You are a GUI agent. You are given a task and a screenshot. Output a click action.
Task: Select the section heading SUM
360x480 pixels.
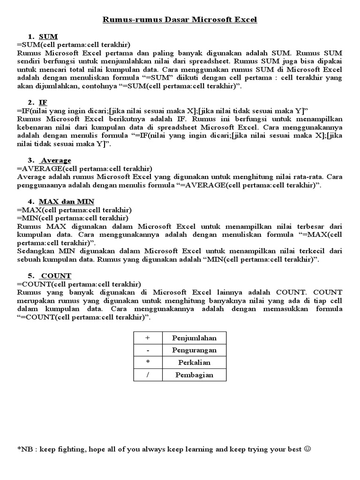(48, 36)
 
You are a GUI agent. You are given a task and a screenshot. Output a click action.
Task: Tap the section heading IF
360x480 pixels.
(44, 102)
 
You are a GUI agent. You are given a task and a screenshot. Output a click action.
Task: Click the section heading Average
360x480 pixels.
(56, 160)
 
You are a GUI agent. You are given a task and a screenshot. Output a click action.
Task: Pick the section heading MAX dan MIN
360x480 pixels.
(66, 202)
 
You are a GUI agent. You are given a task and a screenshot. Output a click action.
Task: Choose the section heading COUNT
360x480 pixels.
(56, 275)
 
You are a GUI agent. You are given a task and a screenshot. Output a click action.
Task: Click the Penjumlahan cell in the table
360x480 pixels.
(194, 338)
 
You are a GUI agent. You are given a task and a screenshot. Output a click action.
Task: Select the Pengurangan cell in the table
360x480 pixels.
(194, 350)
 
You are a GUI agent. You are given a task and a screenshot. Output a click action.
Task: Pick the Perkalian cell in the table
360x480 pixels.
(194, 362)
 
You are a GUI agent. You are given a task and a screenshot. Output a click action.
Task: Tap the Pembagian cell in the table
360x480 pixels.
(194, 375)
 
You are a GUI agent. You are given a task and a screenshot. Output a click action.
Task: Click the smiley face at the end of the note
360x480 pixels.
(307, 449)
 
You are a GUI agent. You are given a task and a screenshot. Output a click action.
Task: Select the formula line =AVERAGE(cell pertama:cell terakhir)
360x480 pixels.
(84, 169)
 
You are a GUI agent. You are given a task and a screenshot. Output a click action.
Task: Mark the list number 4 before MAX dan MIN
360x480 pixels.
(30, 202)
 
